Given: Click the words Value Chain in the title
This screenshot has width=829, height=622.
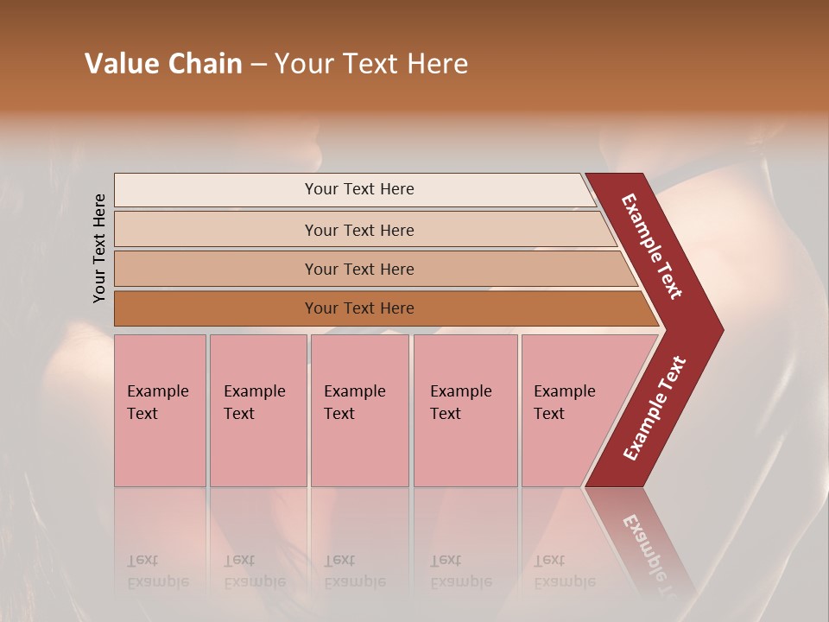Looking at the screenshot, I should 163,64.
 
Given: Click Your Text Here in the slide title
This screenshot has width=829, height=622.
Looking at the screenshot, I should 371,64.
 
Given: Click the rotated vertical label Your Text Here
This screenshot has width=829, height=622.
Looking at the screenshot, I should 99,248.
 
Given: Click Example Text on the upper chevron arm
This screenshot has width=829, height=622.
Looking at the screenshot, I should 652,246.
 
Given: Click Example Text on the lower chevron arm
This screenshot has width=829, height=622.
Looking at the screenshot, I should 655,409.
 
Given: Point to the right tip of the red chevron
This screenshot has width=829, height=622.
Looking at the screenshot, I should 721,330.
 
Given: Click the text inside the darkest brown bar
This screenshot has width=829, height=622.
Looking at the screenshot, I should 359,308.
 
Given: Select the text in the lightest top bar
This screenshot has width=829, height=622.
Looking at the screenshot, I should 359,189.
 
